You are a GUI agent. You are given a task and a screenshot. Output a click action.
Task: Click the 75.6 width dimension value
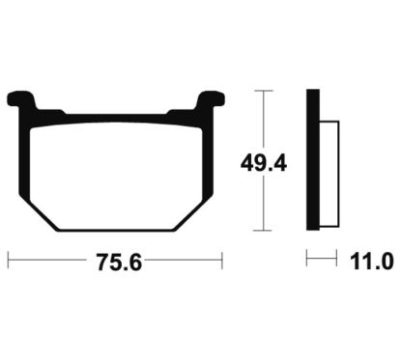click(119, 263)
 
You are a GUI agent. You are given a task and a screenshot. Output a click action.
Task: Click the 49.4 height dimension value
click(264, 164)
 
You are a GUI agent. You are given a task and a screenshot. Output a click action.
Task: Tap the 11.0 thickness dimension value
click(372, 262)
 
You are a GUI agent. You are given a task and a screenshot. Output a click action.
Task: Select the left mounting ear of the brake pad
click(22, 100)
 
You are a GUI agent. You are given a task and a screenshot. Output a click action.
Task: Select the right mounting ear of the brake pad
click(210, 99)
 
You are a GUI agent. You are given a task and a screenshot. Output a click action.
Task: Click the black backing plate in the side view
click(313, 159)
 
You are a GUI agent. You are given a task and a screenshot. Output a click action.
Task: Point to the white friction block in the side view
click(329, 175)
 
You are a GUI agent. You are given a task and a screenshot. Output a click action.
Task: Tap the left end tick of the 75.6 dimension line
click(9, 261)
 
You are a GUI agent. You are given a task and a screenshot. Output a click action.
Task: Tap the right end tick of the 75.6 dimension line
click(222, 261)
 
